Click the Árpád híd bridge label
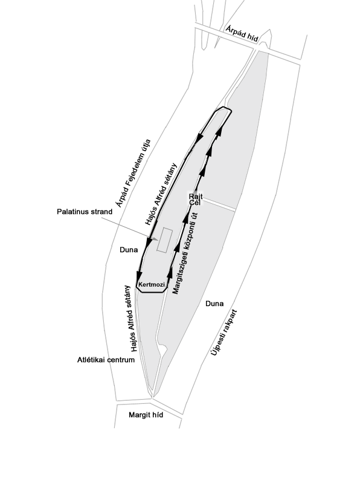242,34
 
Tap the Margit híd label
146,415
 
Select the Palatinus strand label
85,212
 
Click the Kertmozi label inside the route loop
152,284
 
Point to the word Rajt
196,197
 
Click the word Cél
194,203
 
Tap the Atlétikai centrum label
106,360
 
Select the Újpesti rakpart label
224,333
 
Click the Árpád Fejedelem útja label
133,174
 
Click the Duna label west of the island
129,250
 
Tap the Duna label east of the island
214,304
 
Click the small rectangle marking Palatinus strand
165,240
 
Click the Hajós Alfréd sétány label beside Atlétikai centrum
130,319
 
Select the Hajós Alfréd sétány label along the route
161,194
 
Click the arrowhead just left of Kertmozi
139,275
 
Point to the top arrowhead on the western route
199,138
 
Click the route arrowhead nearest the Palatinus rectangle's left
149,242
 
